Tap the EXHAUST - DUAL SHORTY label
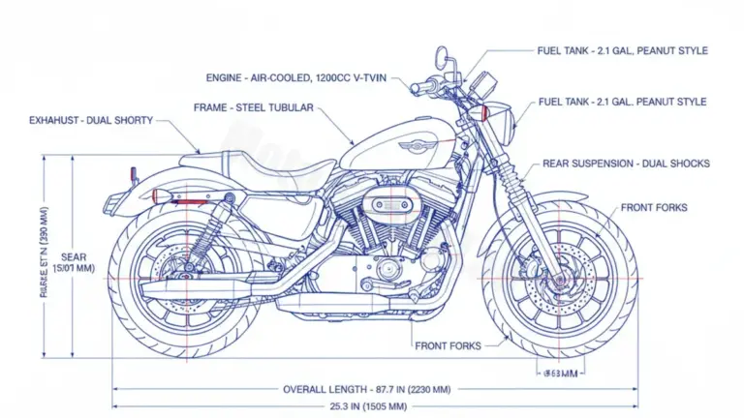[x=91, y=120]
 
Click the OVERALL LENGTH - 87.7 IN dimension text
[x=367, y=389]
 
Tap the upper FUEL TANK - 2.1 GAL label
[x=623, y=50]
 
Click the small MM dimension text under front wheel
[x=559, y=373]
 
